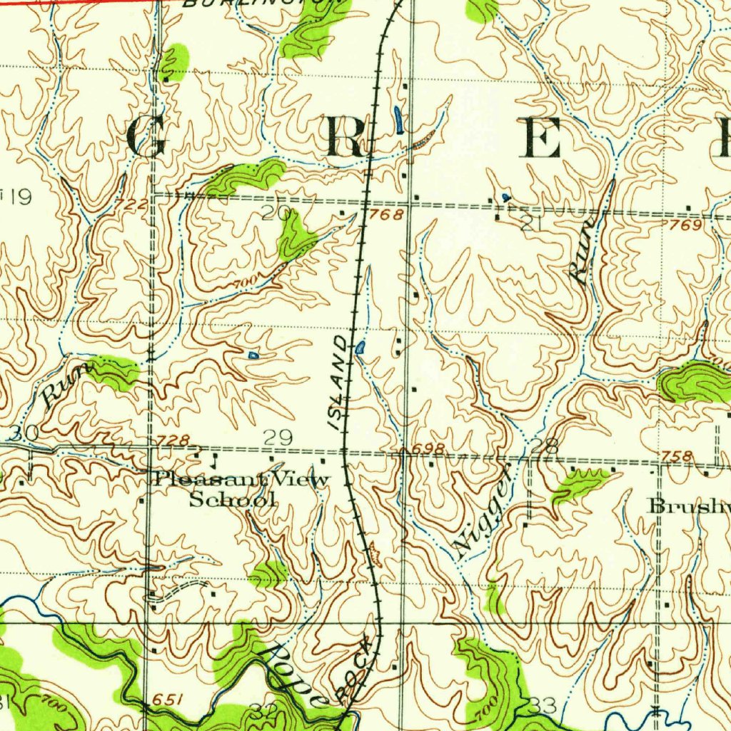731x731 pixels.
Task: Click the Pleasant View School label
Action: pyautogui.click(x=241, y=489)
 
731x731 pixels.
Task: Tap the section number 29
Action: pyautogui.click(x=278, y=438)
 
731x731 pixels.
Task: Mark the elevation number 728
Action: pyautogui.click(x=174, y=440)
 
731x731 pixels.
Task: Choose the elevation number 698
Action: pyautogui.click(x=430, y=448)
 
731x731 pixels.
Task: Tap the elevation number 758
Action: pyautogui.click(x=677, y=456)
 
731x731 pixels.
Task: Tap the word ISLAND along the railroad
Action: pyautogui.click(x=341, y=383)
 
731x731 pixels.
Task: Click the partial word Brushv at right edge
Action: pyautogui.click(x=687, y=506)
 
